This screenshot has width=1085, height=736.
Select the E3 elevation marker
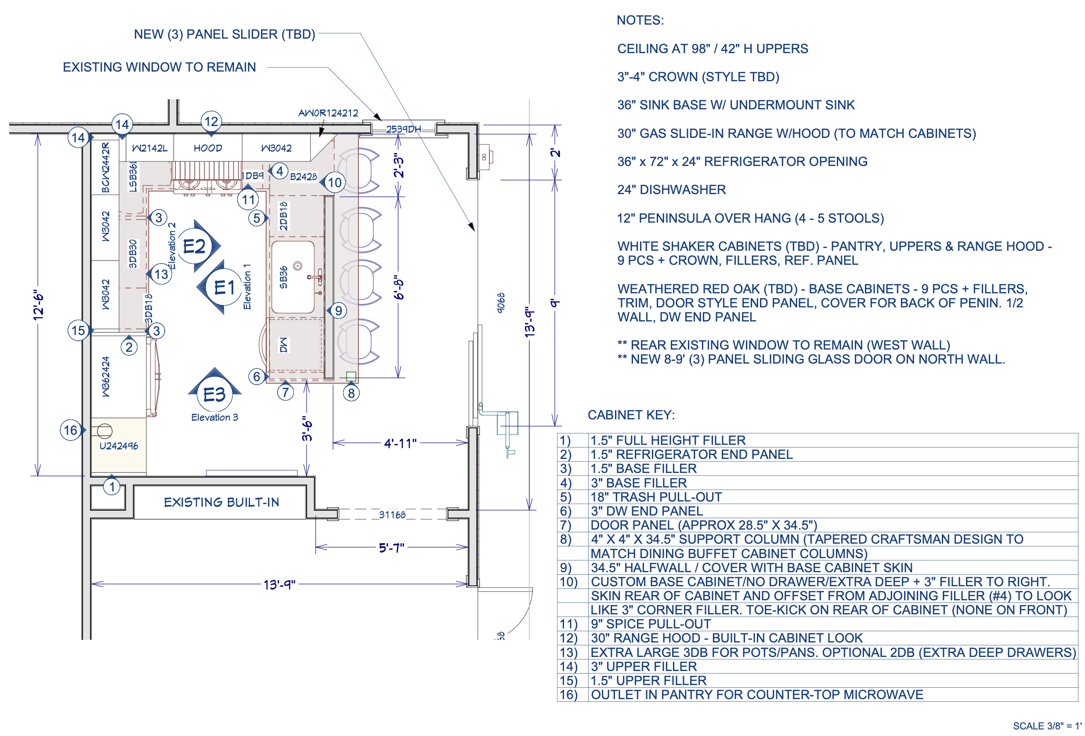215,394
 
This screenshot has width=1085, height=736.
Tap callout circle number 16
71,430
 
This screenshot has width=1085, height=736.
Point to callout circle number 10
335,183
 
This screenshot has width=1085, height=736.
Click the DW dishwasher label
283,345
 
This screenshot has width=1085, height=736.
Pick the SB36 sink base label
283,278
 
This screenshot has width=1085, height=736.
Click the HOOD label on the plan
208,148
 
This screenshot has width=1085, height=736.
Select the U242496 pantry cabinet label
119,446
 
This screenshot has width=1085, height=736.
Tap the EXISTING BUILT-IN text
221,502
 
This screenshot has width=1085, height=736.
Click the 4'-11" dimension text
400,443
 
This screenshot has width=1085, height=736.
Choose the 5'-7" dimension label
391,548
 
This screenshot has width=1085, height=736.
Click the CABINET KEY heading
631,415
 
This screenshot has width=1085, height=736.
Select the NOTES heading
640,20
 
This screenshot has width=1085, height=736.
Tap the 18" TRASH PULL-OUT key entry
656,497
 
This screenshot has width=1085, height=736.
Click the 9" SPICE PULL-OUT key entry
651,624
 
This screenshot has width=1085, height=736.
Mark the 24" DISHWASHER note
671,189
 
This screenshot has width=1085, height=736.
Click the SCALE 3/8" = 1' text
1047,726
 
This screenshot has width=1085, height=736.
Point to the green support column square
351,376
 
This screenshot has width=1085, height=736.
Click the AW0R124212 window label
328,113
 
